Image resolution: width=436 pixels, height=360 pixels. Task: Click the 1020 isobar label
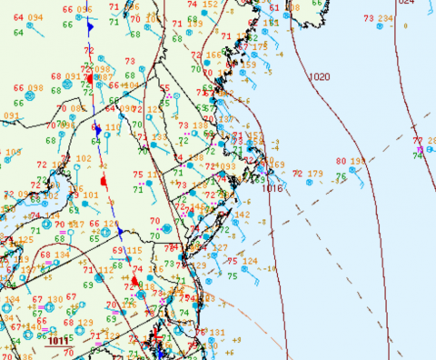click(320, 77)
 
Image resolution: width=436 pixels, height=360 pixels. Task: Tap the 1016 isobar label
click(272, 187)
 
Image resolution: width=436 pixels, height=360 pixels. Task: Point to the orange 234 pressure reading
click(385, 18)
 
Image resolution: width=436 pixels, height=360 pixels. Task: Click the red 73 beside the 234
click(368, 18)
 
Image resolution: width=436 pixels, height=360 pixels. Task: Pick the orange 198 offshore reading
click(358, 162)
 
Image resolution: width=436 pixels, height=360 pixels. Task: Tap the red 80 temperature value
click(341, 162)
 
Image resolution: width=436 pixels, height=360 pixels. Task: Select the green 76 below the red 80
click(341, 177)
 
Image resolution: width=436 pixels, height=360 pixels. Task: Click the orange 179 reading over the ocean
click(314, 174)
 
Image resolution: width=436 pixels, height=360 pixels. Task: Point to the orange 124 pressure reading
click(250, 262)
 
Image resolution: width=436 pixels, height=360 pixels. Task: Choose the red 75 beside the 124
click(232, 262)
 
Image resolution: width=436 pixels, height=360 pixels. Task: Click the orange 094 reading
click(35, 18)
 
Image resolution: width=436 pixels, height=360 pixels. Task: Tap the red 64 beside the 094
click(18, 18)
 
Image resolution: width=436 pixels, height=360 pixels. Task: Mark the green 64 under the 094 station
click(18, 33)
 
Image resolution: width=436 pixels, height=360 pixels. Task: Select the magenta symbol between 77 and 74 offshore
click(419, 149)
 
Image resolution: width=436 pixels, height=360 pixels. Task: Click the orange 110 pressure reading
click(113, 128)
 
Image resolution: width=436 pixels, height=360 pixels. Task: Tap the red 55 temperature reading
click(165, 89)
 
